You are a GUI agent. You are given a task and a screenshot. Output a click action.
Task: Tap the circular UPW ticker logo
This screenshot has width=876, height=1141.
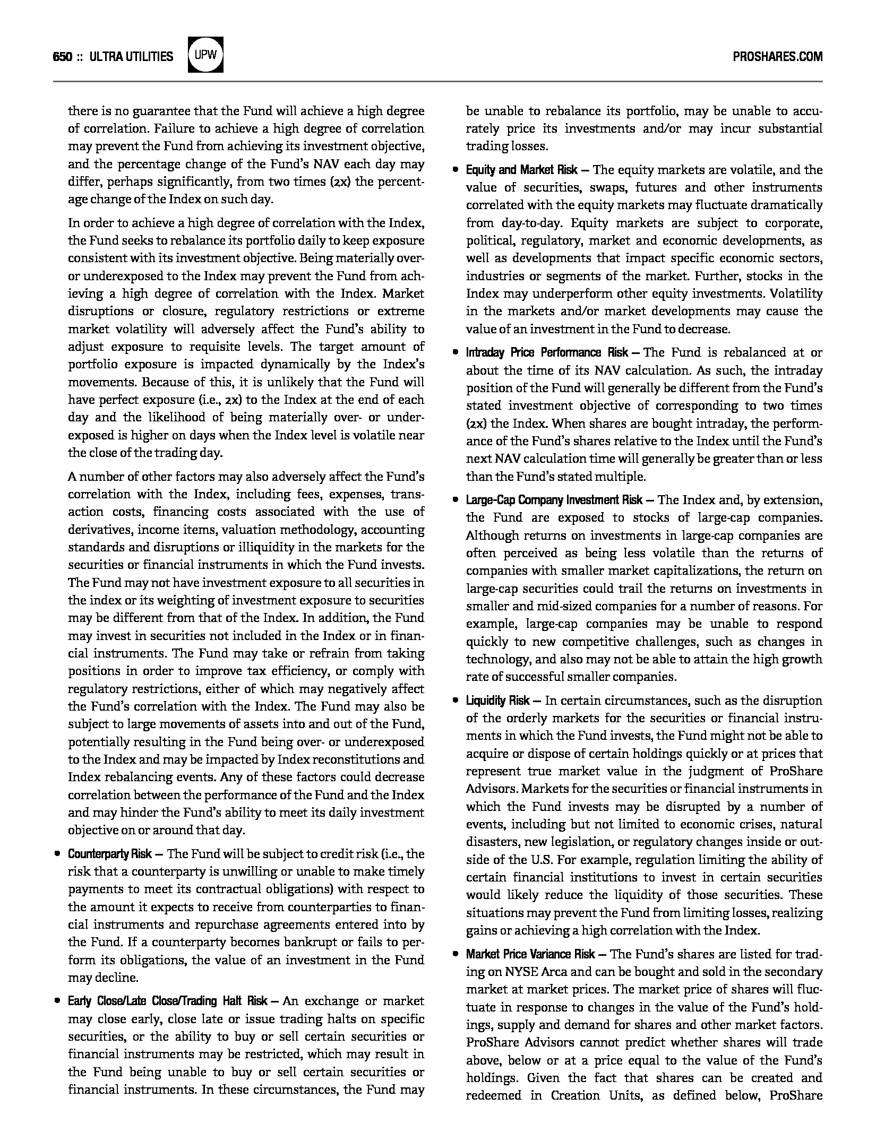(205, 55)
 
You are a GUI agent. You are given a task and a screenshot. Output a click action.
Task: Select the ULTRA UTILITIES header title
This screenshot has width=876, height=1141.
(132, 57)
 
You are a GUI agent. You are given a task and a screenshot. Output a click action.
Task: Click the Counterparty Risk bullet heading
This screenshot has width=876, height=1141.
(110, 854)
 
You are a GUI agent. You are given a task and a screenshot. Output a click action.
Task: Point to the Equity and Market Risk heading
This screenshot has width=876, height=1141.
(521, 170)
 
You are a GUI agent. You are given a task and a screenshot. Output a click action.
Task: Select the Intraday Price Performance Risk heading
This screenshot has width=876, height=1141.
(547, 352)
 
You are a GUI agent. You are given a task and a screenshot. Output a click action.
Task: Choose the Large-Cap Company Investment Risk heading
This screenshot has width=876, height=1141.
(554, 500)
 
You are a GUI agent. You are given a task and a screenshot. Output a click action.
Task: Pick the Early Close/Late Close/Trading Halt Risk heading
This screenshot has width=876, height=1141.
(167, 1001)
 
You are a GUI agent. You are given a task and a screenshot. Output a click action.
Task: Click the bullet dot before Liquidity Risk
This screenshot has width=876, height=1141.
(456, 701)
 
